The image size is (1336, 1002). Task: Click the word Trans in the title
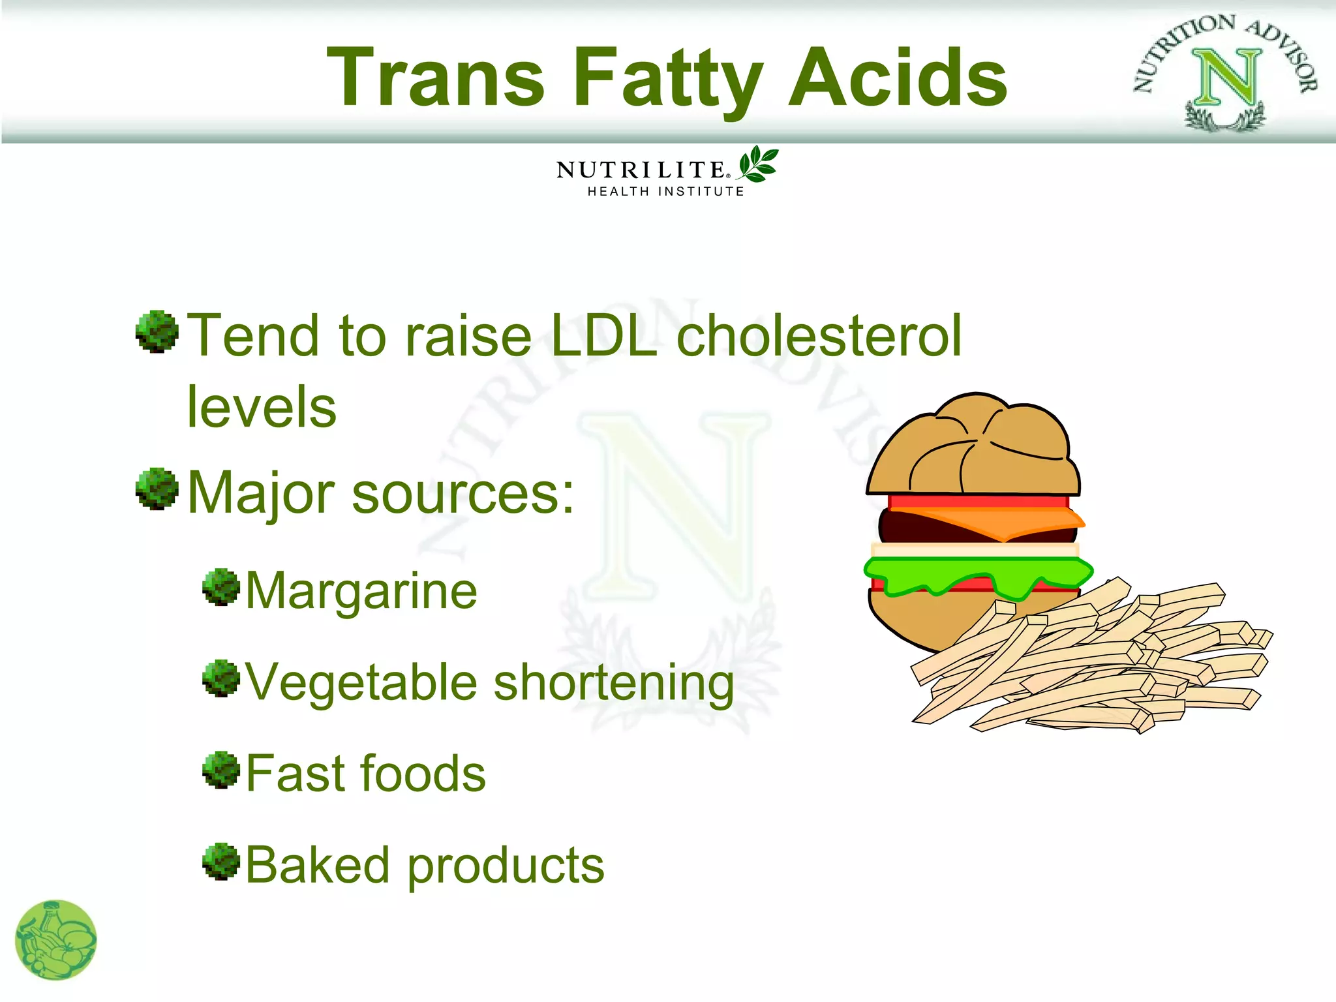(436, 78)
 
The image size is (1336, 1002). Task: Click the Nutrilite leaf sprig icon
(757, 164)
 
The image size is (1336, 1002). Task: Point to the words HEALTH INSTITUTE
(665, 191)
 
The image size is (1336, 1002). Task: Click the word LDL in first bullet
(603, 336)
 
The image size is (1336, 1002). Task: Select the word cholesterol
(819, 336)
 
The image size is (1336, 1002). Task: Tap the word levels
(262, 407)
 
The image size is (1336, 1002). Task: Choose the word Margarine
(361, 591)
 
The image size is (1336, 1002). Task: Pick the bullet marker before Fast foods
(221, 770)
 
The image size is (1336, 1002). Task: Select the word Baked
(317, 866)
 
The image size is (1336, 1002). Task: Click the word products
(506, 868)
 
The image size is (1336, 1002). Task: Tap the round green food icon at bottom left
(56, 940)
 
